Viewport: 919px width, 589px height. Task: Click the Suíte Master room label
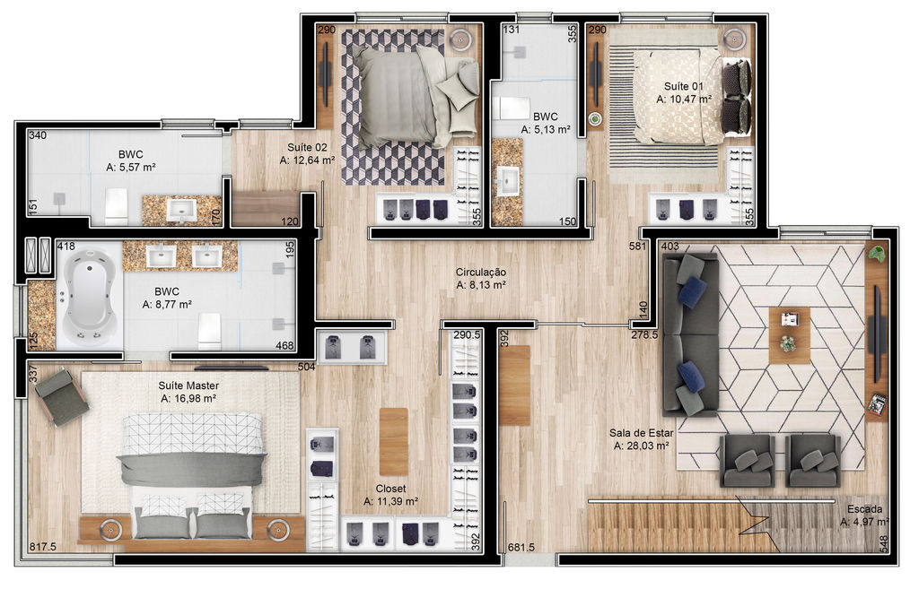pyautogui.click(x=188, y=385)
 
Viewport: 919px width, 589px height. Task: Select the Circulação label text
pyautogui.click(x=481, y=273)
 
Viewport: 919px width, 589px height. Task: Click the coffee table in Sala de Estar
pyautogui.click(x=789, y=335)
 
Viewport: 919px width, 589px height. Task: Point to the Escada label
pyautogui.click(x=864, y=509)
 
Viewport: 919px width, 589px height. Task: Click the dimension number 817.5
pyautogui.click(x=43, y=547)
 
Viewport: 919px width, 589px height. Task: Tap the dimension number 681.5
pyautogui.click(x=521, y=548)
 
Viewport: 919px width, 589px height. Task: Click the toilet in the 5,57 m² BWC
pyautogui.click(x=117, y=205)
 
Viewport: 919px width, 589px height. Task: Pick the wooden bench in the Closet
pyautogui.click(x=393, y=441)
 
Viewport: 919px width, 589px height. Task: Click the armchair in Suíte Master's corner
pyautogui.click(x=61, y=397)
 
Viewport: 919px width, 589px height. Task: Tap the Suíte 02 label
pyautogui.click(x=307, y=148)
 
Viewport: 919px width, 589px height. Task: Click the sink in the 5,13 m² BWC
pyautogui.click(x=507, y=179)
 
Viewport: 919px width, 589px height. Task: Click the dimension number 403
pyautogui.click(x=670, y=246)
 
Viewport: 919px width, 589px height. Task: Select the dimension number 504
pyautogui.click(x=307, y=367)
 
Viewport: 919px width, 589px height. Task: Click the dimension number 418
pyautogui.click(x=66, y=247)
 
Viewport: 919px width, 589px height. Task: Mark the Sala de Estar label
pyautogui.click(x=641, y=433)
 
